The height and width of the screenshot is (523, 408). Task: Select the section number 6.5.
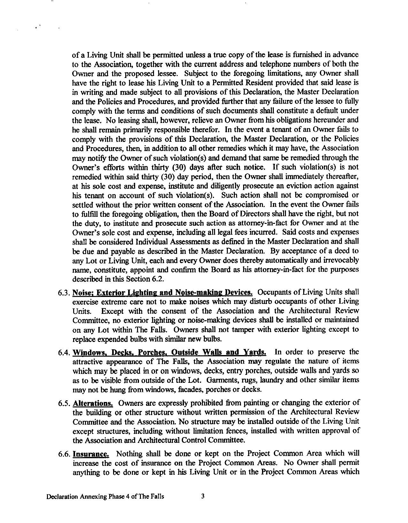65,403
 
